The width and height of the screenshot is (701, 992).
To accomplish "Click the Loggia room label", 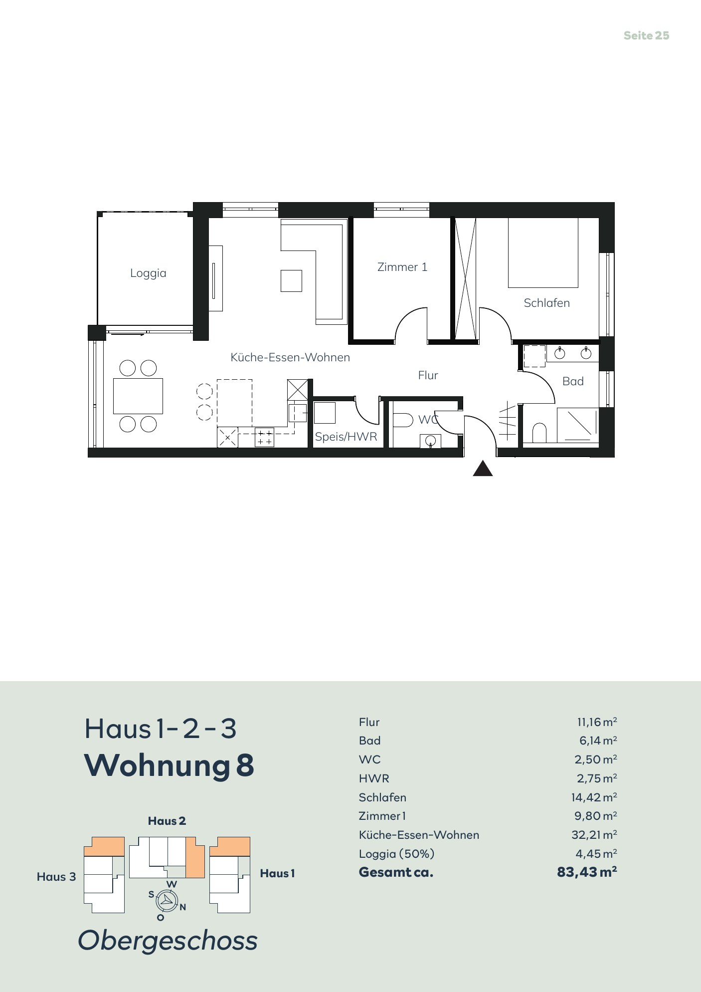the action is pyautogui.click(x=148, y=273).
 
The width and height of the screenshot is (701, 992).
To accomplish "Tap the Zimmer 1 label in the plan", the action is pyautogui.click(x=402, y=267).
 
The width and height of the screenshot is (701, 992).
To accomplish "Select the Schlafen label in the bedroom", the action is pyautogui.click(x=546, y=303).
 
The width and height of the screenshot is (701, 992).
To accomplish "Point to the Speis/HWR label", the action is pyautogui.click(x=346, y=437).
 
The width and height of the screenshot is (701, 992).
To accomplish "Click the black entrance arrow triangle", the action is pyautogui.click(x=483, y=469).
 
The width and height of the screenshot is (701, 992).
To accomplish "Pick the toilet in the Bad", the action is pyautogui.click(x=539, y=433).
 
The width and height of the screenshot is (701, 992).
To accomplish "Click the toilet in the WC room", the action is pyautogui.click(x=403, y=420).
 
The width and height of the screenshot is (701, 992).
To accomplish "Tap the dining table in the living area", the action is pyautogui.click(x=138, y=396).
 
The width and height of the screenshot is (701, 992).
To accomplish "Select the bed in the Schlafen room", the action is pyautogui.click(x=543, y=252).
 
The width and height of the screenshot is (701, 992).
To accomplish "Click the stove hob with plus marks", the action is pyautogui.click(x=265, y=437).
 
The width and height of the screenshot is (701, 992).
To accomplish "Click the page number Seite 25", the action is pyautogui.click(x=646, y=35).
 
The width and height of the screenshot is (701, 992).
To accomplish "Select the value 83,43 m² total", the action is pyautogui.click(x=587, y=872).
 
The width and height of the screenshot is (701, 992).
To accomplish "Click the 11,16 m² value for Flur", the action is pyautogui.click(x=597, y=722).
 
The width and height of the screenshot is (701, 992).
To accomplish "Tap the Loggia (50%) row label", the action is pyautogui.click(x=396, y=854).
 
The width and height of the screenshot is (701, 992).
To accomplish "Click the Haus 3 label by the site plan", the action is pyautogui.click(x=56, y=877).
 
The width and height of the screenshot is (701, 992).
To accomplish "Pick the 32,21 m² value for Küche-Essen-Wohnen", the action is pyautogui.click(x=594, y=835).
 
